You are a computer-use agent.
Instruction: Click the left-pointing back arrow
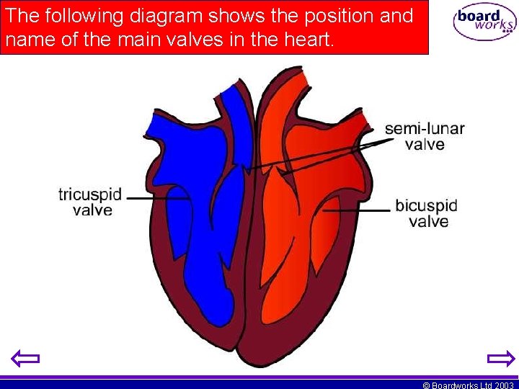pos(26,358)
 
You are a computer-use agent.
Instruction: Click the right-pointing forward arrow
pos(500,358)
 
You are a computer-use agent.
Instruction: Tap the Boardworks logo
pos(484,22)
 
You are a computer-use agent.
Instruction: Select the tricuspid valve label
pos(90,202)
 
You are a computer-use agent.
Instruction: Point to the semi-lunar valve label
pos(425,136)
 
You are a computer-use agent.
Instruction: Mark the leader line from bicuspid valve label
pos(355,210)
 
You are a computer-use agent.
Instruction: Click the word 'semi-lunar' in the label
pos(425,129)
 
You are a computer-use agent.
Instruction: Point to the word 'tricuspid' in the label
pos(90,194)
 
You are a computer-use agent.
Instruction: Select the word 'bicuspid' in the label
pos(426,206)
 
